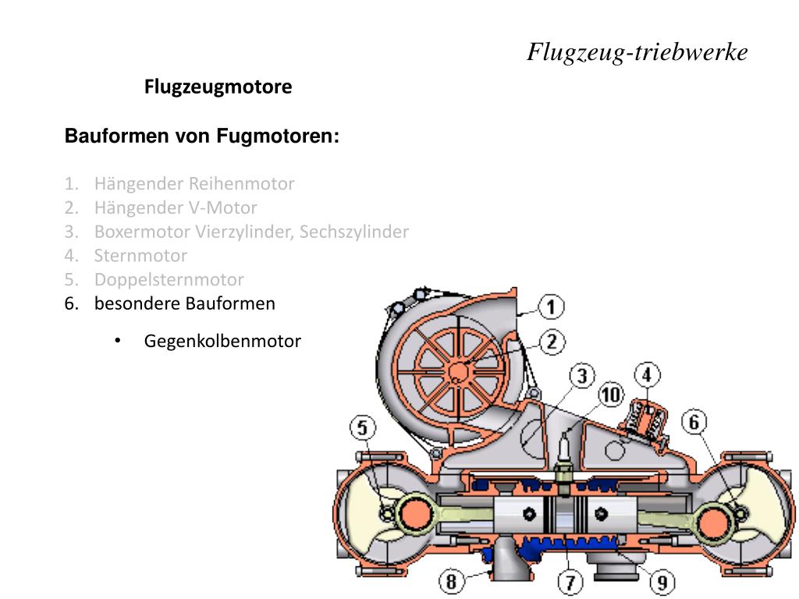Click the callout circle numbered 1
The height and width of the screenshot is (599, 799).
(x=551, y=307)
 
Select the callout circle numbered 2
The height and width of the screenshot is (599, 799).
(x=552, y=342)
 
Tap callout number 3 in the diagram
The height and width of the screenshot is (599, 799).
(x=582, y=376)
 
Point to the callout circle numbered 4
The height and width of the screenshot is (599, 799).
(x=647, y=375)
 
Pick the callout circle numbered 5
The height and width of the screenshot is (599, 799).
(x=362, y=427)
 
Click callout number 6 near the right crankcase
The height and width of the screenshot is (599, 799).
(x=694, y=422)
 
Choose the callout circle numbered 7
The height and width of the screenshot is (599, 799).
(x=570, y=582)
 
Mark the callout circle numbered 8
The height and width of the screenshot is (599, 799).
(x=452, y=581)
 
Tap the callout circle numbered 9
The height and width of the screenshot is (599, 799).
(x=662, y=582)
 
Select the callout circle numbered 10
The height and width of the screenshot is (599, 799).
(x=611, y=395)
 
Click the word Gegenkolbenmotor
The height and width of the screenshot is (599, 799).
(x=222, y=342)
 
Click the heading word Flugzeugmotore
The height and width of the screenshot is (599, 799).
(x=218, y=87)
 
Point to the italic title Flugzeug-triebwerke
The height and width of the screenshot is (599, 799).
(x=637, y=52)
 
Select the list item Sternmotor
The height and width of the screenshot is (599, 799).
(x=140, y=255)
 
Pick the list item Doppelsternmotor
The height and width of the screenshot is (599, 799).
(x=169, y=280)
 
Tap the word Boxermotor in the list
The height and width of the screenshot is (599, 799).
(x=143, y=232)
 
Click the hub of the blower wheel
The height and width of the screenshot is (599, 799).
(x=458, y=371)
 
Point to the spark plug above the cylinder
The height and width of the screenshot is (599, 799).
(x=563, y=462)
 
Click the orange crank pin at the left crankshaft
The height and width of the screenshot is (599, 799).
(x=415, y=513)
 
